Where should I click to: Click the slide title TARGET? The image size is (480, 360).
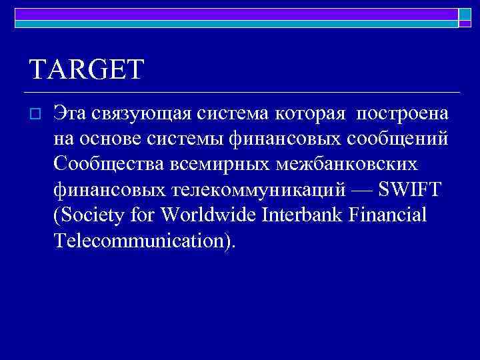(x=87, y=69)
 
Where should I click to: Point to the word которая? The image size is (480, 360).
(x=312, y=115)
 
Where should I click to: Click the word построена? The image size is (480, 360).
(x=403, y=115)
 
